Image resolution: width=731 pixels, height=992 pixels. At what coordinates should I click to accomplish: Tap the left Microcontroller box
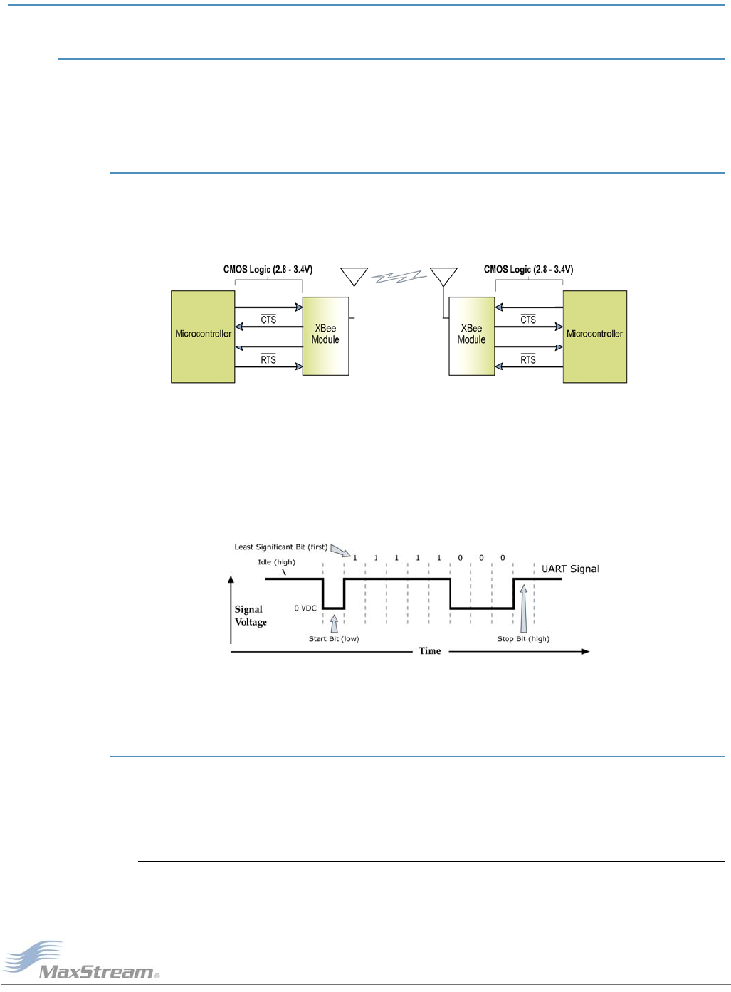coord(203,337)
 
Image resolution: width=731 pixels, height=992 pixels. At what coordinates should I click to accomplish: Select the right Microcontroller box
coord(594,337)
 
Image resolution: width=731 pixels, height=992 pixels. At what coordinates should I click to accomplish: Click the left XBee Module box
coord(325,336)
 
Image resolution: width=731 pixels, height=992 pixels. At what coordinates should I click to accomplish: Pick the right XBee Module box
coord(471,336)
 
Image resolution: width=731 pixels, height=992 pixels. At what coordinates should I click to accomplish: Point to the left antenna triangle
coord(354,276)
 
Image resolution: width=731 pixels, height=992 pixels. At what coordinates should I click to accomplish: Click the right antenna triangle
coord(443,276)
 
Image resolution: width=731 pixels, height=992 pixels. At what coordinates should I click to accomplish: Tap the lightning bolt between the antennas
coord(399,277)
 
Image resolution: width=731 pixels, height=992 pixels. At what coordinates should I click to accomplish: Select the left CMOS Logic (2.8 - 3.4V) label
coord(268,270)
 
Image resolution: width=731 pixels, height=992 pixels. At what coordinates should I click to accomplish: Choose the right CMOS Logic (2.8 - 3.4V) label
coord(528,270)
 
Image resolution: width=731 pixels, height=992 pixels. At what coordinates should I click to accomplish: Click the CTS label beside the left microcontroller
coord(268,320)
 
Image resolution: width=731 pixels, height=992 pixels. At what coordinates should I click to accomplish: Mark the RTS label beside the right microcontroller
coord(528,359)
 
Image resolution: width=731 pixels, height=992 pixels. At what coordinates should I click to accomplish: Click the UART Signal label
coord(570,569)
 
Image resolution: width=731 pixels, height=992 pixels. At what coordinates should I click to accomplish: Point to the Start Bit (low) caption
coord(334,639)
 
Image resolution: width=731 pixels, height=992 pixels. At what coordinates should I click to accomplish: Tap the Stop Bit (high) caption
coord(523,639)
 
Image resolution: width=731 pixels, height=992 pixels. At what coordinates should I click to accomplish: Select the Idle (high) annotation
coord(276,562)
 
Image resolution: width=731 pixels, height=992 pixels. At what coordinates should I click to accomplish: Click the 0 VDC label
coord(305,608)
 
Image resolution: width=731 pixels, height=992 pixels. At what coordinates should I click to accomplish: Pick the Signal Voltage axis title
coord(251,616)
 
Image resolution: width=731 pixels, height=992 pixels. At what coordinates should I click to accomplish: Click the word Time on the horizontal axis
coord(429,651)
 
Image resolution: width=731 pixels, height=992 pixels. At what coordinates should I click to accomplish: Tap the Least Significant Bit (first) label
coord(281,547)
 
